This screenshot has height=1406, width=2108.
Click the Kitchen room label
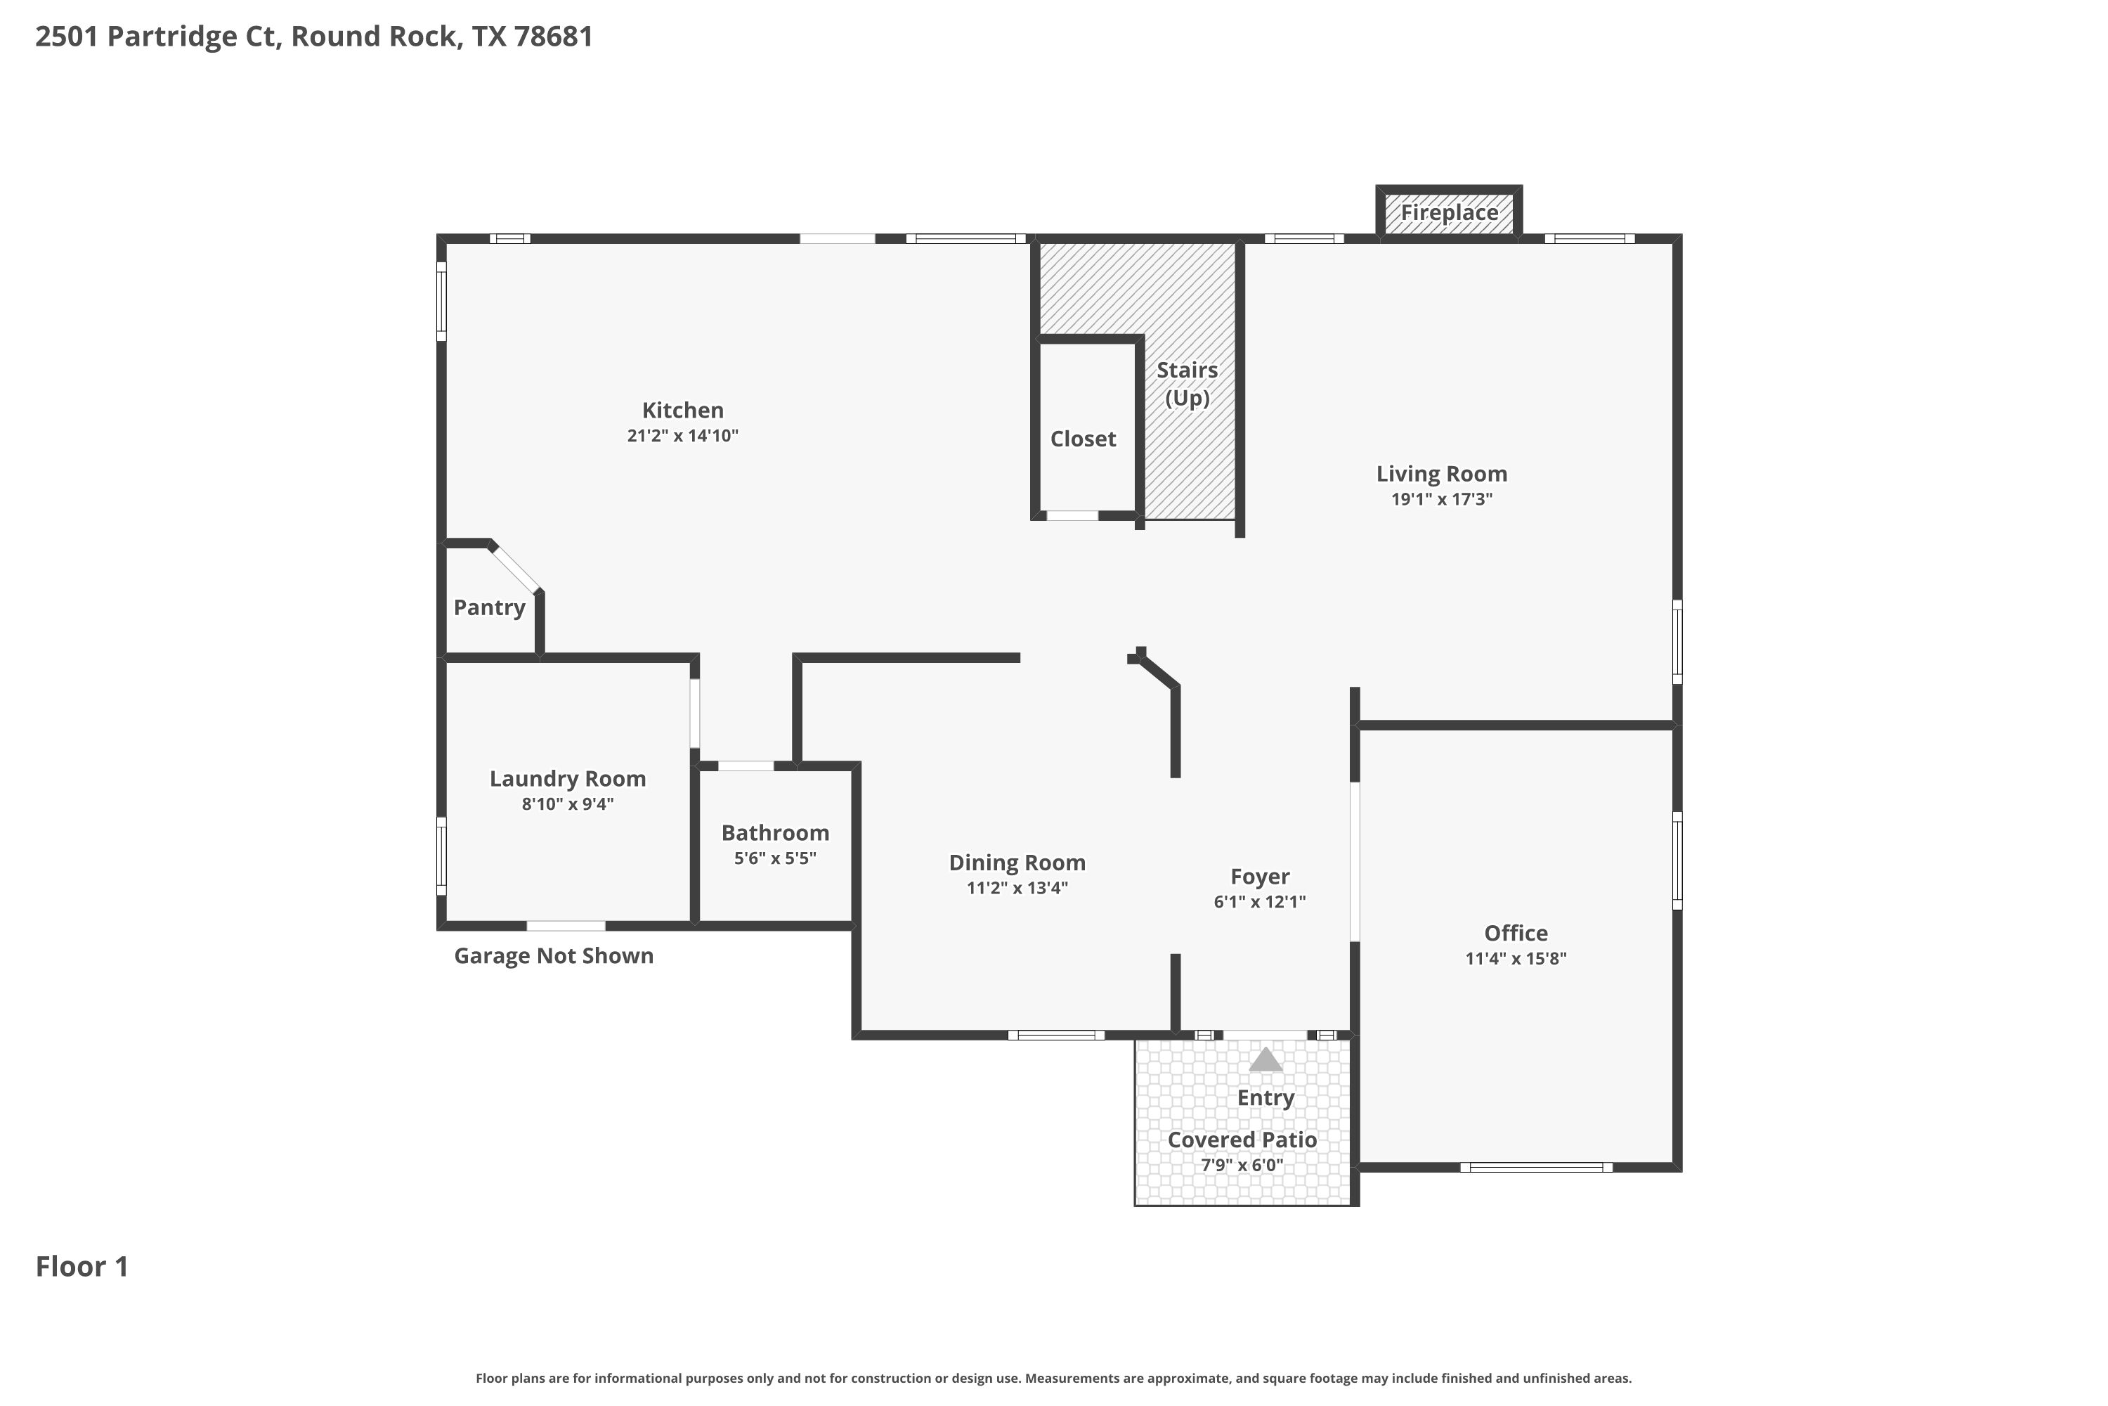pos(682,411)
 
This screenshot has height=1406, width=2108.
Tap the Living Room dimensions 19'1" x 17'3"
pos(1441,499)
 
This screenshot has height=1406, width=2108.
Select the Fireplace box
pos(1449,212)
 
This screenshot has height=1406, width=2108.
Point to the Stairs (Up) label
pos(1187,384)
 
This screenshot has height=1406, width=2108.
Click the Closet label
pos(1083,439)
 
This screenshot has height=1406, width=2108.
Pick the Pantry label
pos(489,608)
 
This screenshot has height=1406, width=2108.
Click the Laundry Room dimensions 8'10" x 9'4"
pos(567,804)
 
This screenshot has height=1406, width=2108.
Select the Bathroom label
pos(775,833)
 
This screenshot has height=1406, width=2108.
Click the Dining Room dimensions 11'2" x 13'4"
pos(1017,889)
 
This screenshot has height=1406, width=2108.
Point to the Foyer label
pos(1259,877)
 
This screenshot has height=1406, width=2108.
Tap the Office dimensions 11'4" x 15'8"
pos(1516,959)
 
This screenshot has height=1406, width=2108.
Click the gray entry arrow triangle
pos(1266,1060)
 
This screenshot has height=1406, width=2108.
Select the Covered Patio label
pos(1242,1140)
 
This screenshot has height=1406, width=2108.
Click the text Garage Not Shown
pos(554,956)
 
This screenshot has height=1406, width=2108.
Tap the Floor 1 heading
pos(82,1266)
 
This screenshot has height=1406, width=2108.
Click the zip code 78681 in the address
pos(554,37)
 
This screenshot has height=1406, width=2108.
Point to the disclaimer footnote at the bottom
pos(1053,1378)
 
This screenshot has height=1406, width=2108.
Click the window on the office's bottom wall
pos(1536,1168)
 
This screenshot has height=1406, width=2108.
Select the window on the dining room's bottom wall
pos(1056,1036)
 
